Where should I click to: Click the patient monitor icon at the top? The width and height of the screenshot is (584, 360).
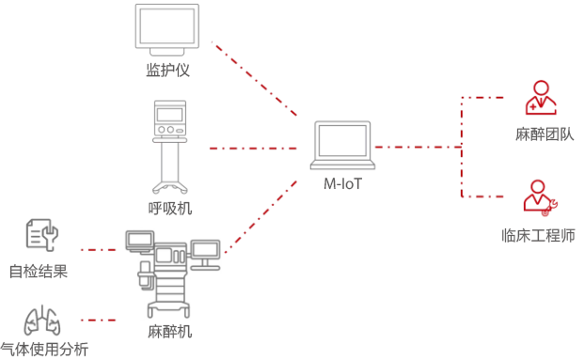click(x=167, y=29)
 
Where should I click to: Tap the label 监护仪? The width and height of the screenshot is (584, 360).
click(x=168, y=70)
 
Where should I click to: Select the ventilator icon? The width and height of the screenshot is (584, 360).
click(x=169, y=146)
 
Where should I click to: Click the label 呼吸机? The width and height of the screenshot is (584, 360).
click(x=170, y=208)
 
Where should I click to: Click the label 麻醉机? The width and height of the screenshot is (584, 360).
click(x=170, y=331)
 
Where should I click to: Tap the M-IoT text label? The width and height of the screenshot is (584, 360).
click(x=343, y=184)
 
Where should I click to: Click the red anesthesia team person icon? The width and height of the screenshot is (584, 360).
click(x=540, y=98)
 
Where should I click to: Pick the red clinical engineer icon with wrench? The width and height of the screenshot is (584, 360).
click(x=540, y=198)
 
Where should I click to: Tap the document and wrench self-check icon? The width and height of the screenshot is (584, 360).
click(x=41, y=235)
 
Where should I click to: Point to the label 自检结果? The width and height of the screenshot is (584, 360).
click(x=39, y=273)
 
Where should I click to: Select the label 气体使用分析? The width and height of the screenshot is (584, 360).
click(x=44, y=350)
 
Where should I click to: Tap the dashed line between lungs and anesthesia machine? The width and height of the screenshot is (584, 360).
click(x=99, y=320)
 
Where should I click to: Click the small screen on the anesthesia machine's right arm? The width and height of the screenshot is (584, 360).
click(x=204, y=249)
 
